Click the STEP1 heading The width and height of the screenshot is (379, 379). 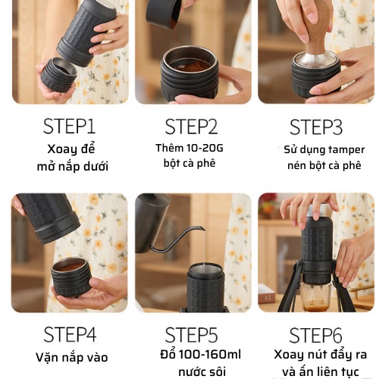click(69, 127)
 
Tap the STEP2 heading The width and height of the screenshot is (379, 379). click(191, 127)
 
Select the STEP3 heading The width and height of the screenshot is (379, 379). click(316, 127)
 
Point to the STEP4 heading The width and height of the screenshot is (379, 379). click(70, 334)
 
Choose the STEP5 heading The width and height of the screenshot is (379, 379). click(191, 335)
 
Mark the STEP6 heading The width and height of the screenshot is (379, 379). click(315, 335)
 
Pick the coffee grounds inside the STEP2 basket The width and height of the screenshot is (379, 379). click(190, 66)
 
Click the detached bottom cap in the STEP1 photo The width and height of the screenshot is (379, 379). click(59, 75)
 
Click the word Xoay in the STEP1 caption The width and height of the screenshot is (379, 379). click(59, 149)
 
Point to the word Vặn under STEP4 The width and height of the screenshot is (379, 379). click(46, 358)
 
